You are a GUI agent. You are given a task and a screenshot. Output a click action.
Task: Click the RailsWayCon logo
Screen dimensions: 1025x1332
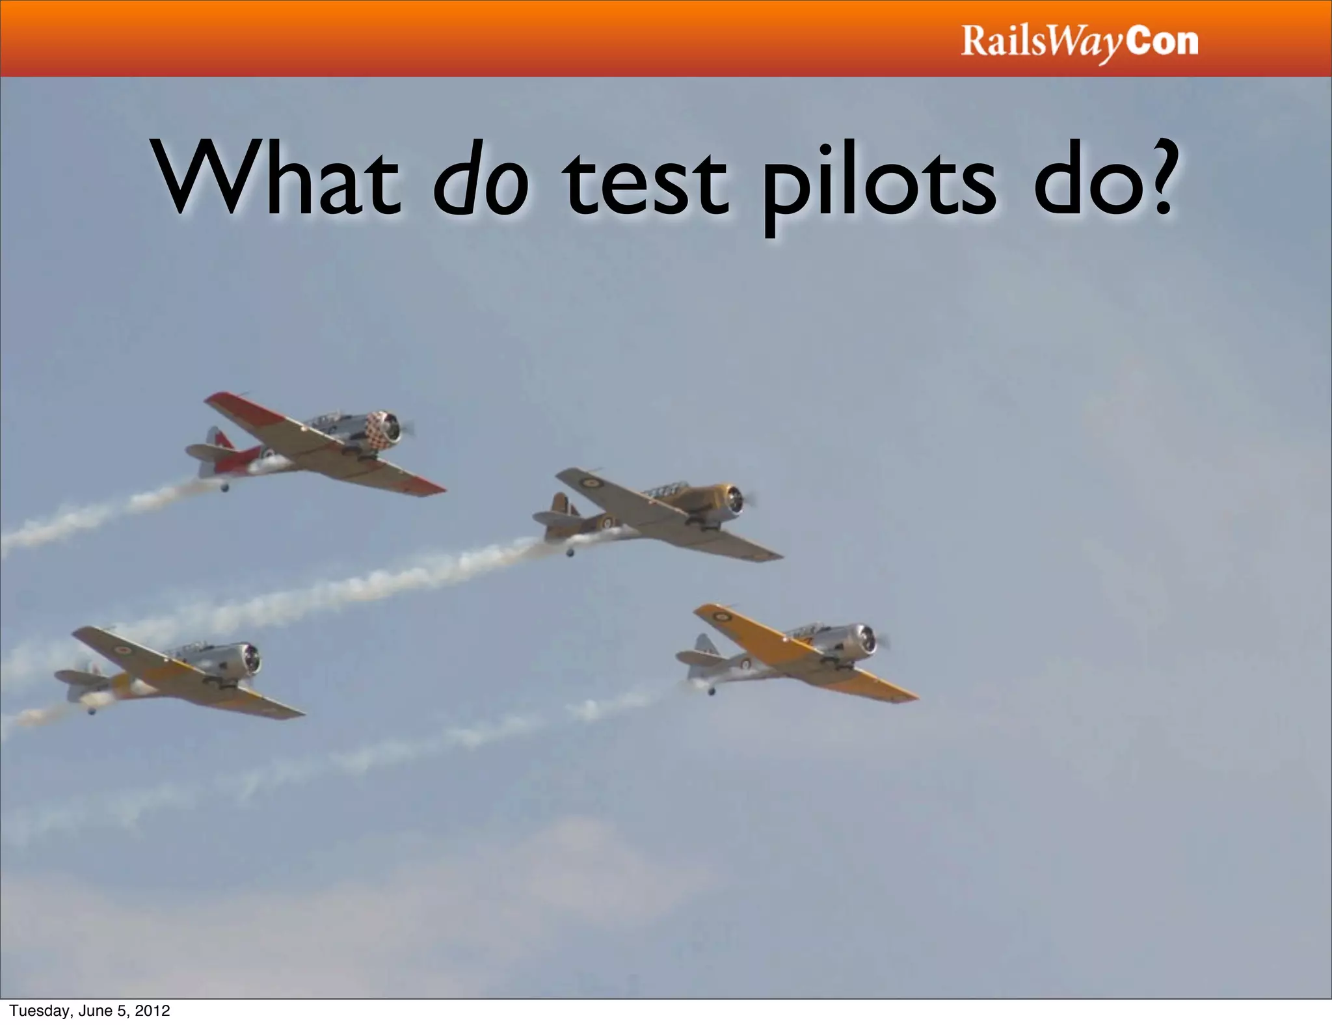tap(1079, 42)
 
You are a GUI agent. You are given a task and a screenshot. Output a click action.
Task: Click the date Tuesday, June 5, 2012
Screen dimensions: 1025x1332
tap(90, 1011)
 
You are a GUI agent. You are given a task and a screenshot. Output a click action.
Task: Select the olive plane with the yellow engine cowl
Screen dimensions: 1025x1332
tap(657, 514)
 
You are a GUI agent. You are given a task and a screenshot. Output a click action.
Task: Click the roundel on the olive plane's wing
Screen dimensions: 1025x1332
tap(591, 483)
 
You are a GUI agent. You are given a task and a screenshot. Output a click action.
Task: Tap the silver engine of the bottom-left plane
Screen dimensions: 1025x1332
tap(248, 659)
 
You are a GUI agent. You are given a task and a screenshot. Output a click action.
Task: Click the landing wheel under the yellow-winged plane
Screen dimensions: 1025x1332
tap(712, 691)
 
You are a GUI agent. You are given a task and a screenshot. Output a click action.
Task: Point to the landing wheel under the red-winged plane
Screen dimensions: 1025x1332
tap(225, 487)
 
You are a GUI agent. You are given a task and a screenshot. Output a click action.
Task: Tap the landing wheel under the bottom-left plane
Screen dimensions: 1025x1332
tap(92, 710)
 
